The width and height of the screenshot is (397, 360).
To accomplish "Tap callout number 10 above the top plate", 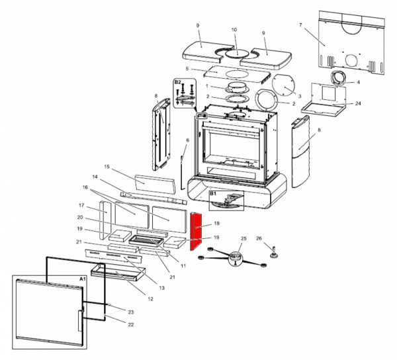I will (x=234, y=30).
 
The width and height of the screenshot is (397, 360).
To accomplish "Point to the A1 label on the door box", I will (x=83, y=280).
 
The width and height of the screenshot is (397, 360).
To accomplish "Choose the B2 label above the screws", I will (x=177, y=82).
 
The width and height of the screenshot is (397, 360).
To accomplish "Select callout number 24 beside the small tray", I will (x=358, y=103).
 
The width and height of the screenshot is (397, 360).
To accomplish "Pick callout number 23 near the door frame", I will (x=130, y=312).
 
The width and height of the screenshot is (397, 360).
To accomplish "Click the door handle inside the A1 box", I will (x=81, y=320).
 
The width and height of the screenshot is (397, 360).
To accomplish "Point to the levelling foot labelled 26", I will (x=271, y=251).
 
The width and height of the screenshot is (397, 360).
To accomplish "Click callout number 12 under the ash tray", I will (x=150, y=299).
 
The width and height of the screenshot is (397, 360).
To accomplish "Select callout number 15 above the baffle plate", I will (x=106, y=167).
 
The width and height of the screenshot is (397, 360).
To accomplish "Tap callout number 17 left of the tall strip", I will (x=81, y=205).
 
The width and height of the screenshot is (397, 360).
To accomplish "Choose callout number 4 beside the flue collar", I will (x=358, y=83).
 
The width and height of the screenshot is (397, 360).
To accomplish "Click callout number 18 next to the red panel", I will (x=216, y=224).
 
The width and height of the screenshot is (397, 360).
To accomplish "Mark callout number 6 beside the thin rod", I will (x=187, y=140).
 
